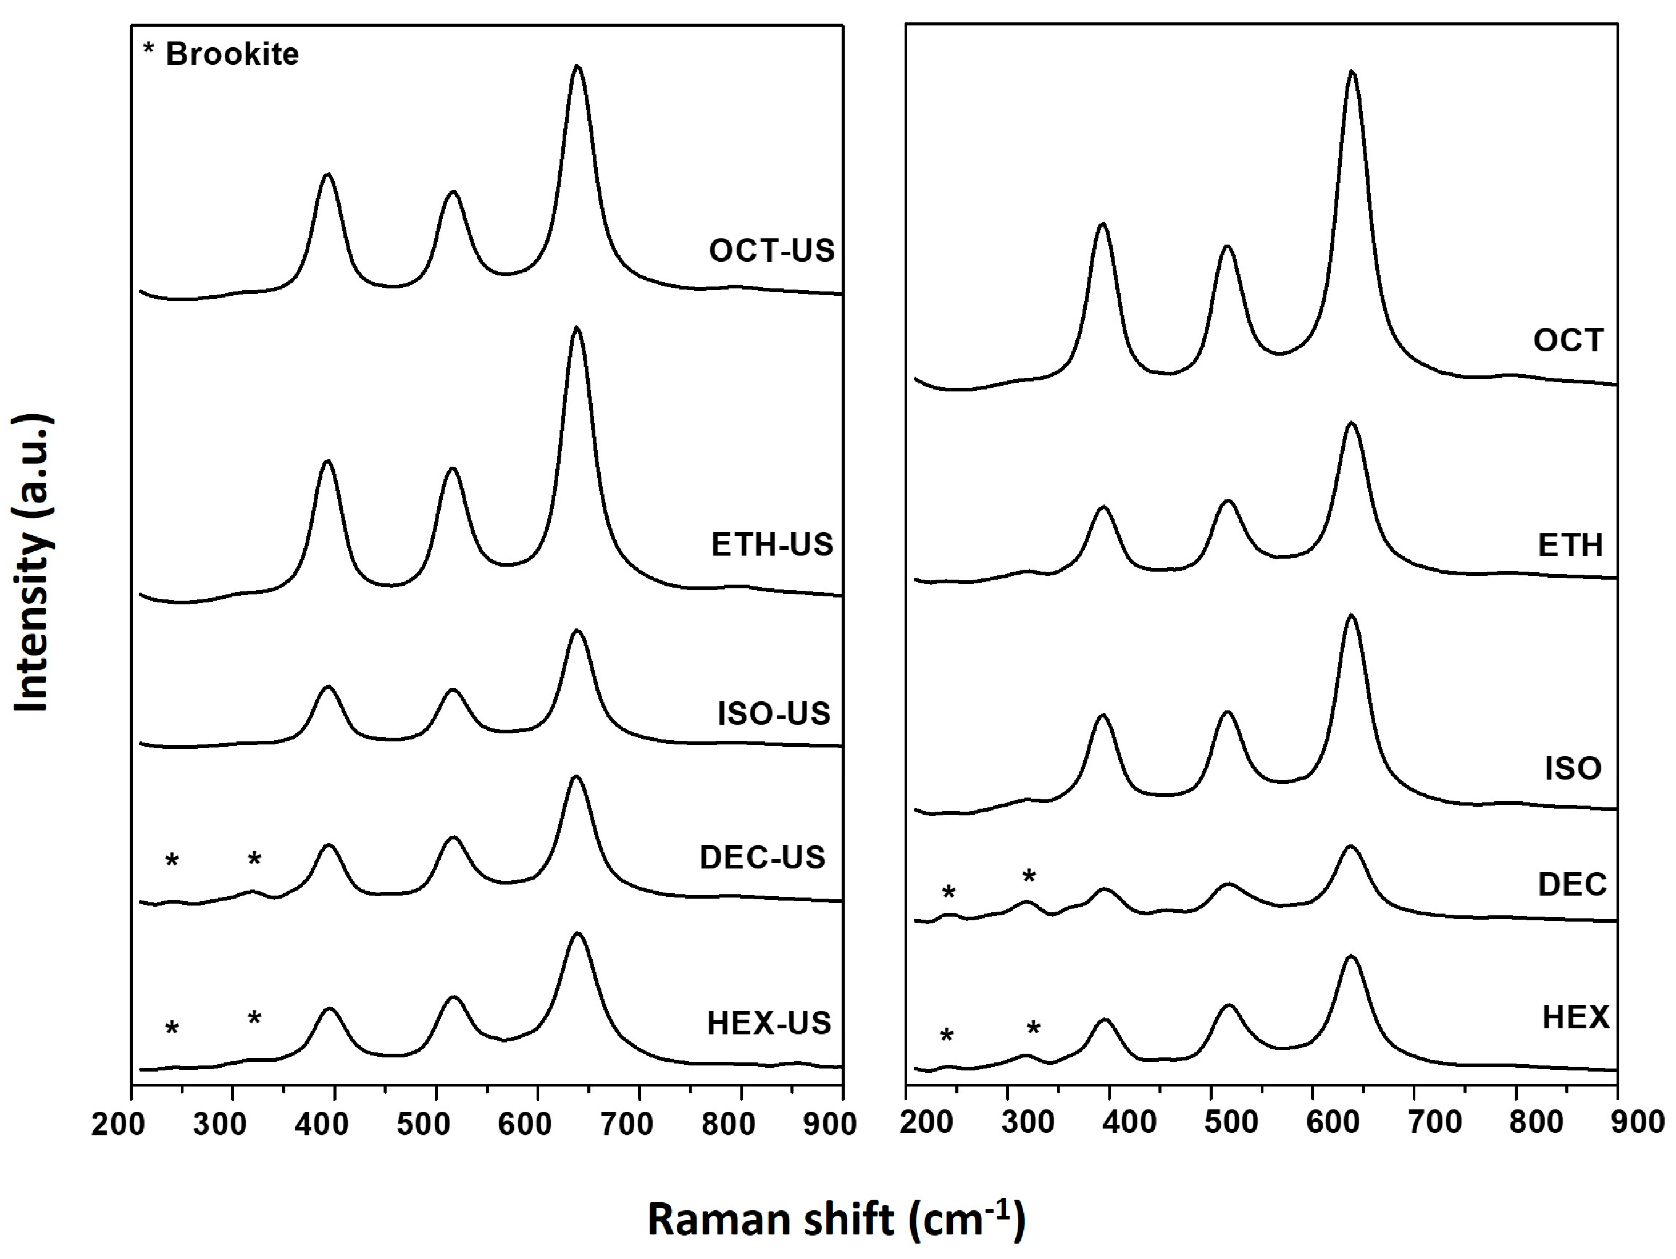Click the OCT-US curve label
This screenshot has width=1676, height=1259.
[x=771, y=251]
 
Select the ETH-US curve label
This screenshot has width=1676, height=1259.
[x=771, y=544]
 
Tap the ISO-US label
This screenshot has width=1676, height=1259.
[x=774, y=713]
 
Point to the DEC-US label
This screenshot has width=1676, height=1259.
[x=762, y=857]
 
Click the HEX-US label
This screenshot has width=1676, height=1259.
[x=769, y=1024]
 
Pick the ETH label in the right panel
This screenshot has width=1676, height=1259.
[x=1570, y=546]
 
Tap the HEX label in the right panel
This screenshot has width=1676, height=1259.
[x=1576, y=1017]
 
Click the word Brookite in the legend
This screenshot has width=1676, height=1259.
[x=232, y=54]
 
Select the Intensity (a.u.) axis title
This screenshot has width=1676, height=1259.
[x=32, y=562]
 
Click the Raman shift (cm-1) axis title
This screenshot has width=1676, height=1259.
[x=837, y=1220]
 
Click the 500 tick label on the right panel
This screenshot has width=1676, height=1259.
[x=1230, y=1122]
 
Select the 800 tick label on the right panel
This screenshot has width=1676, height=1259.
[x=1535, y=1122]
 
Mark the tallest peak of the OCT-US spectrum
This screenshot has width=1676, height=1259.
[x=577, y=67]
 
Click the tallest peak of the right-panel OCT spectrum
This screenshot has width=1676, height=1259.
[x=1351, y=72]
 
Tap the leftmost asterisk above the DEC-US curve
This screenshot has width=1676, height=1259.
[x=172, y=860]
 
